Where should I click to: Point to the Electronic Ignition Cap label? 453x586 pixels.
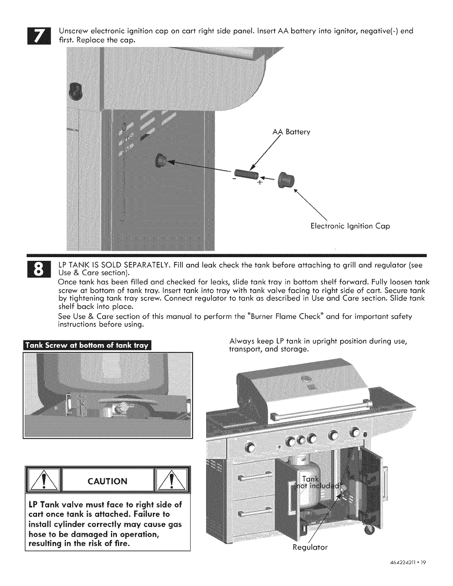[x=350, y=226]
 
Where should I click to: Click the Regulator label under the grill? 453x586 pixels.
[x=311, y=547]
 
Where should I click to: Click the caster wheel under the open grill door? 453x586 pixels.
[x=369, y=529]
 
